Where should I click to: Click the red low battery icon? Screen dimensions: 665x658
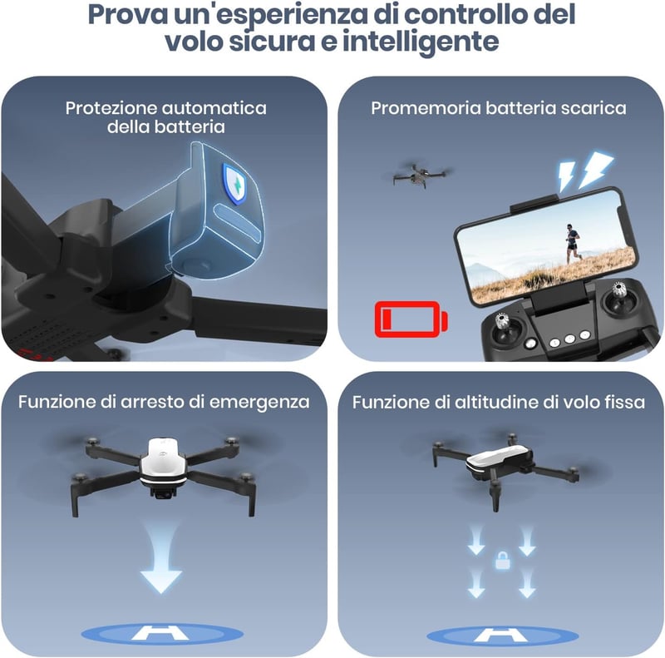(x=411, y=319)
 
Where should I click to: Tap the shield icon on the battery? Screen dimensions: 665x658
(x=234, y=183)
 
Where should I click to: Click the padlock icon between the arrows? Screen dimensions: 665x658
(x=503, y=561)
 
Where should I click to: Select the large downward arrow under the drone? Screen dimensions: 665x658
(x=161, y=557)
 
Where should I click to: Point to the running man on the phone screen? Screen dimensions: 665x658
(x=572, y=244)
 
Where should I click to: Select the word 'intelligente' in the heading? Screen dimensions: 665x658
(x=421, y=42)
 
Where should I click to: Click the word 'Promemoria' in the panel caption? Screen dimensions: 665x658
(x=426, y=108)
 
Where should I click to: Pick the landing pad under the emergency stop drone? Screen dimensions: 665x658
(x=162, y=634)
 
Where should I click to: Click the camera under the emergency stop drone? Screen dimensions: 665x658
(x=162, y=492)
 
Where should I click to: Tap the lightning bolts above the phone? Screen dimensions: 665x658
(x=584, y=171)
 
